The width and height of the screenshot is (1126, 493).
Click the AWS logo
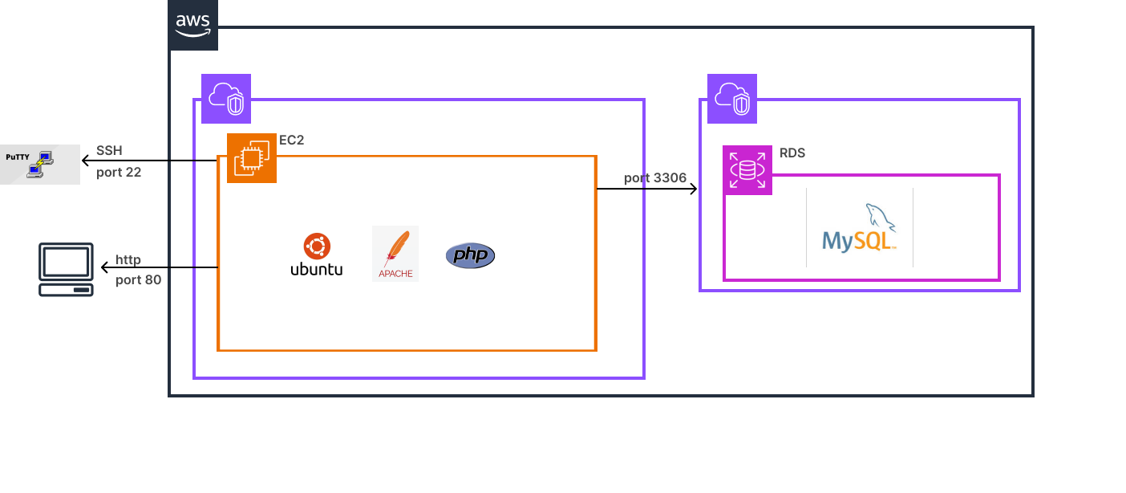(193, 26)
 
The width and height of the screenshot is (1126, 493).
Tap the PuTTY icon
(39, 164)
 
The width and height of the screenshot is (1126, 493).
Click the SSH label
(109, 151)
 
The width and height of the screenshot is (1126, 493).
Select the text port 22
(119, 172)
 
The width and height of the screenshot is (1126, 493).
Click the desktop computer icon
(66, 270)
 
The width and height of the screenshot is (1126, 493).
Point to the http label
(128, 260)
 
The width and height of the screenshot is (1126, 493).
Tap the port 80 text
(138, 280)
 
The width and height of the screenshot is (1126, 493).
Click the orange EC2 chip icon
(251, 158)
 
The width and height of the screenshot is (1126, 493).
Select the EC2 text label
(291, 141)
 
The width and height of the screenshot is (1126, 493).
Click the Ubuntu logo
(315, 255)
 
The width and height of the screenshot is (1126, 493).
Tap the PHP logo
(469, 255)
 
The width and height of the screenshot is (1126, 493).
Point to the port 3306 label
(655, 178)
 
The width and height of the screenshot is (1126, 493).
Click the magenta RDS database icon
(747, 170)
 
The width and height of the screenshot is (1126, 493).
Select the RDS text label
(792, 153)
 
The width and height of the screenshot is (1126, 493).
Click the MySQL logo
(859, 228)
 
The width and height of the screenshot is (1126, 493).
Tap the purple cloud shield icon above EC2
(226, 99)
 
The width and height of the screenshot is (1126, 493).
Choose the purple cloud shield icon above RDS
(731, 99)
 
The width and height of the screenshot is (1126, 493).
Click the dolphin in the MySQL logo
(881, 218)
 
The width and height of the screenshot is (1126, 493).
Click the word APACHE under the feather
(396, 274)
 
